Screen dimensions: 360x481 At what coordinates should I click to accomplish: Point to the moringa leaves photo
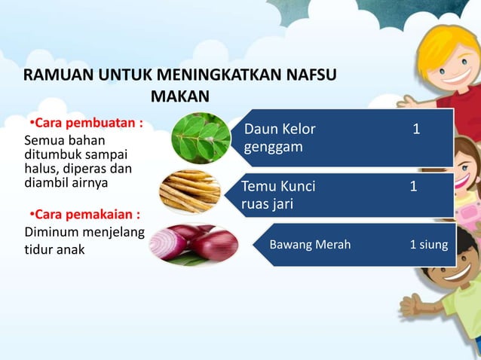(200, 139)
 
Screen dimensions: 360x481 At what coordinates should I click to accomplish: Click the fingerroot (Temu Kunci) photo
(191, 191)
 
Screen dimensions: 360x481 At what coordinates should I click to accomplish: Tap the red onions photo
(194, 243)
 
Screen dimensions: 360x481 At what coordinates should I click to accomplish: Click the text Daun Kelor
(280, 130)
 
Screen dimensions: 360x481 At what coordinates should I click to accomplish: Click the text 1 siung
(428, 244)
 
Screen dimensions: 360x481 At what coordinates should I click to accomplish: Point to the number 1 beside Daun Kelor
(415, 130)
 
